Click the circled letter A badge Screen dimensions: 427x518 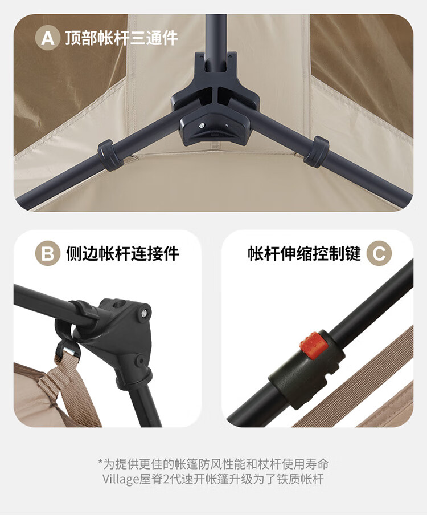click(48, 38)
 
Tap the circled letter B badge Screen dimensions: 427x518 click(48, 253)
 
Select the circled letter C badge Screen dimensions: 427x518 click(379, 254)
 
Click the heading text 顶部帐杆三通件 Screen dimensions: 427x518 click(121, 38)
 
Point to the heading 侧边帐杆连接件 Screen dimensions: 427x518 click(122, 253)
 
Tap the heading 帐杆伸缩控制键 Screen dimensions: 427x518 click(305, 253)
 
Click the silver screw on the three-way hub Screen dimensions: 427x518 click(202, 125)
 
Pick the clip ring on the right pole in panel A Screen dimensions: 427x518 click(316, 151)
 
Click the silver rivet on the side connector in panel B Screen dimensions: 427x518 click(144, 312)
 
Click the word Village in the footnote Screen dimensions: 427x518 click(120, 479)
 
